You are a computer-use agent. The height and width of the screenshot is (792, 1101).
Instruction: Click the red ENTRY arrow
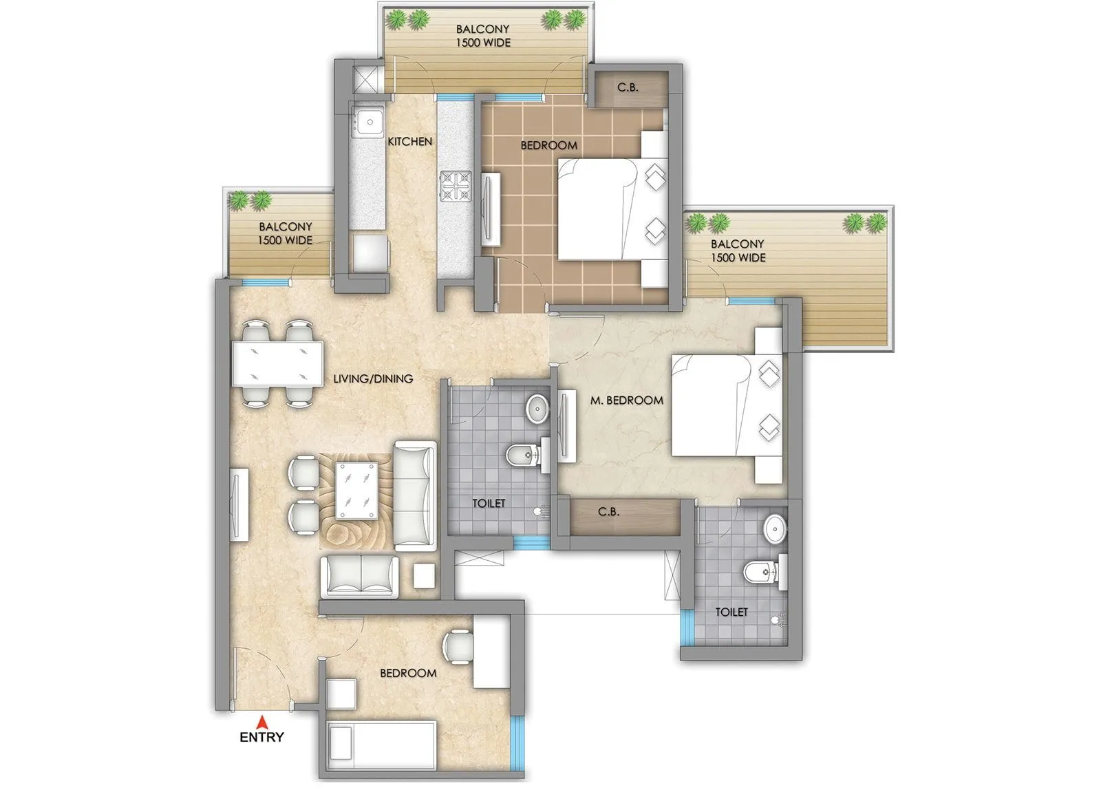[261, 722]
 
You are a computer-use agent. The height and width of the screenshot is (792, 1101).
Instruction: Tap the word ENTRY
[261, 737]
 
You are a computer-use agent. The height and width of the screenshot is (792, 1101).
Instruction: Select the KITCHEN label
[410, 141]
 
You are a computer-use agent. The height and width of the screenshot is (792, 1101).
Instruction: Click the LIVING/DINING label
[373, 378]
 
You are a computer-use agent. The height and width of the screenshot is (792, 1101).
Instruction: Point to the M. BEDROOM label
[626, 400]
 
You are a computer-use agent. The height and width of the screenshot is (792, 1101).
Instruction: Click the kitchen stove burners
[456, 186]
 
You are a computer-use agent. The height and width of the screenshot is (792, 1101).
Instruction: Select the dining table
[277, 363]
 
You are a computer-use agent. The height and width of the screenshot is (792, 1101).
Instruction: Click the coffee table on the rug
[356, 490]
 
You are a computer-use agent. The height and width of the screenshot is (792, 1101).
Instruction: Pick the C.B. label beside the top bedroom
[627, 87]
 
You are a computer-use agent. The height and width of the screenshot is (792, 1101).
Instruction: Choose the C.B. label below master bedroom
[608, 512]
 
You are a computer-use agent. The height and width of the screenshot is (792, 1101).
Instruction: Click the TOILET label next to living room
[489, 504]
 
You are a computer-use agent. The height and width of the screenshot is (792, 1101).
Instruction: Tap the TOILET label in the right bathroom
[731, 612]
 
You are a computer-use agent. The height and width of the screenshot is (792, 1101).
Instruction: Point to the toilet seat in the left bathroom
[521, 454]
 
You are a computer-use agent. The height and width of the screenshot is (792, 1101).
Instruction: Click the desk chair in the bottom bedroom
[457, 647]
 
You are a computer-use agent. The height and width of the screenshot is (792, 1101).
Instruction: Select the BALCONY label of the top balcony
[483, 29]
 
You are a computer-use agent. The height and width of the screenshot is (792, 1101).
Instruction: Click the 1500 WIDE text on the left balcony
[285, 240]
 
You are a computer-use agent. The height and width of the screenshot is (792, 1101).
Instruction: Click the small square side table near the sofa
[424, 575]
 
